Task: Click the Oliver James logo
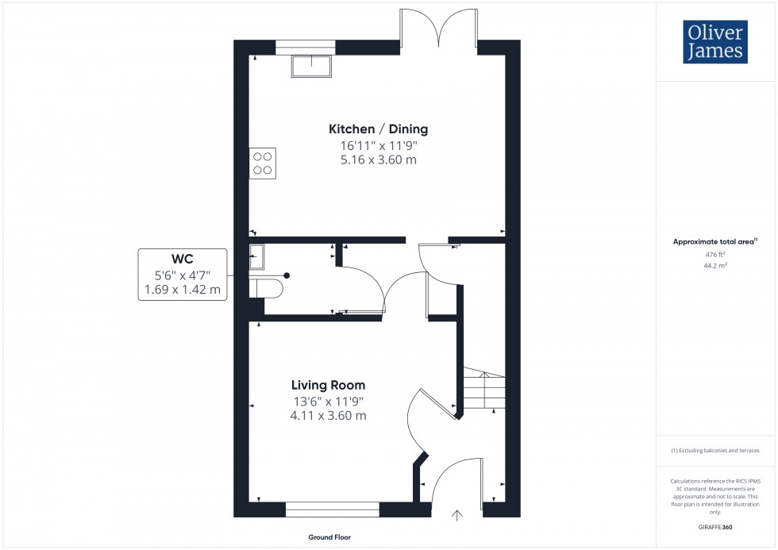[x=714, y=43]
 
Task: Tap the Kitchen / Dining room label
[x=379, y=129]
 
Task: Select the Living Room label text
[x=328, y=385]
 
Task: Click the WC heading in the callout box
[x=183, y=259]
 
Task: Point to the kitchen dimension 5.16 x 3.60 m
[x=379, y=160]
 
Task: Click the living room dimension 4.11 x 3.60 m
[x=328, y=415]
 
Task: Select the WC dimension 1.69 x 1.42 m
[x=183, y=290]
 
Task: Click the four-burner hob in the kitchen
[x=263, y=163]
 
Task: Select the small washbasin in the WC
[x=256, y=256]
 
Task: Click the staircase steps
[x=483, y=390]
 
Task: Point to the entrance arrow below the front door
[x=456, y=515]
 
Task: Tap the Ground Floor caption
[x=329, y=537]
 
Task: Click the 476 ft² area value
[x=715, y=254]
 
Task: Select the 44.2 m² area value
[x=715, y=265]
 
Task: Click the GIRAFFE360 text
[x=715, y=526]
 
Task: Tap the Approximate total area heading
[x=715, y=241]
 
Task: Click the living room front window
[x=332, y=509]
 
